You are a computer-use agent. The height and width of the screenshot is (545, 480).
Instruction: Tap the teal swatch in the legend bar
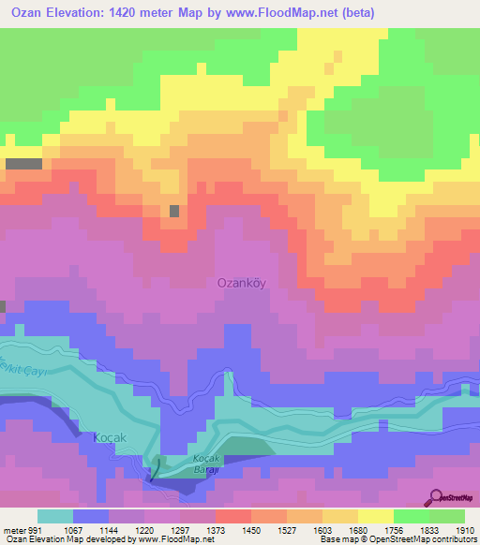point(55,516)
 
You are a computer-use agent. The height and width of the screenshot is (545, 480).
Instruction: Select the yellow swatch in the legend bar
point(375,516)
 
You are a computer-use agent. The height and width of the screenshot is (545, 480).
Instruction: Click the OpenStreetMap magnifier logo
point(435,497)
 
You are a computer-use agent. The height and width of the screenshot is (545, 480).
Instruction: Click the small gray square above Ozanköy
point(174,211)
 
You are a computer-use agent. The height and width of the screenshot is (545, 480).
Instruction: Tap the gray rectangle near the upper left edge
point(23,164)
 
